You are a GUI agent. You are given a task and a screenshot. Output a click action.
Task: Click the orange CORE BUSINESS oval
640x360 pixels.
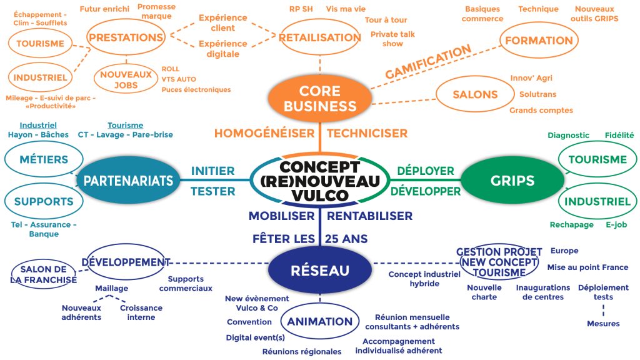click(x=319, y=98)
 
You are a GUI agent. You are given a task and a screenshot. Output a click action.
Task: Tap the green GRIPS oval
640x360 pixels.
click(x=512, y=181)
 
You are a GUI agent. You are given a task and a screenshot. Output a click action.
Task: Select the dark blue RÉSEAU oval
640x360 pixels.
click(x=319, y=270)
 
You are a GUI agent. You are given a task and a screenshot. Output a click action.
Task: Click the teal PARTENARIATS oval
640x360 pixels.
click(x=128, y=181)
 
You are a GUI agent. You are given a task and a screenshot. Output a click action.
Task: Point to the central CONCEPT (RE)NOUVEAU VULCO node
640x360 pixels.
click(x=320, y=181)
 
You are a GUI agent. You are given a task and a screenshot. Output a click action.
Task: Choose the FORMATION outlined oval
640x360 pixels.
click(x=539, y=41)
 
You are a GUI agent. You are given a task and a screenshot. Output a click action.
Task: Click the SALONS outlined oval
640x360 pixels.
click(x=475, y=94)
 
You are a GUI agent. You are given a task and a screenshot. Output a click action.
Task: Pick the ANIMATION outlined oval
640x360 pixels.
click(x=319, y=321)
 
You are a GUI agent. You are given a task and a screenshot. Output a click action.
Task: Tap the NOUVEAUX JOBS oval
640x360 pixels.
click(x=126, y=79)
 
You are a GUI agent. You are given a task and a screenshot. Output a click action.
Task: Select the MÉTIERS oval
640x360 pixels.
click(x=44, y=159)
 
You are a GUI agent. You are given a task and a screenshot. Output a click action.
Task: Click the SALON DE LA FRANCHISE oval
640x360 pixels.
click(x=44, y=274)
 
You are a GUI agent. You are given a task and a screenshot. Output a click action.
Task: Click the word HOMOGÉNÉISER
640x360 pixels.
click(x=264, y=133)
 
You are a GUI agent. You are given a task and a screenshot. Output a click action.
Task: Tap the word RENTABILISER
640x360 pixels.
click(x=370, y=216)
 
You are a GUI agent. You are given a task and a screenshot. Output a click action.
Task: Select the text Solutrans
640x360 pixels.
click(x=537, y=94)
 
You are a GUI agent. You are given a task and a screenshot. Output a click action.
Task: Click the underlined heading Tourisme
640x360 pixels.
click(x=125, y=125)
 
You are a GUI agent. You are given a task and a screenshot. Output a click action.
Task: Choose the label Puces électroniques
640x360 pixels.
click(x=196, y=89)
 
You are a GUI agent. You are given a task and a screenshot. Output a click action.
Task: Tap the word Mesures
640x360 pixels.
click(x=603, y=324)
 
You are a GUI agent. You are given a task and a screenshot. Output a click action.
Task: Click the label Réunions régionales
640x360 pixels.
click(x=302, y=352)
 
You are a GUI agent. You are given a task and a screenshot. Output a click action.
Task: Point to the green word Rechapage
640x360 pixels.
click(x=571, y=225)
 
